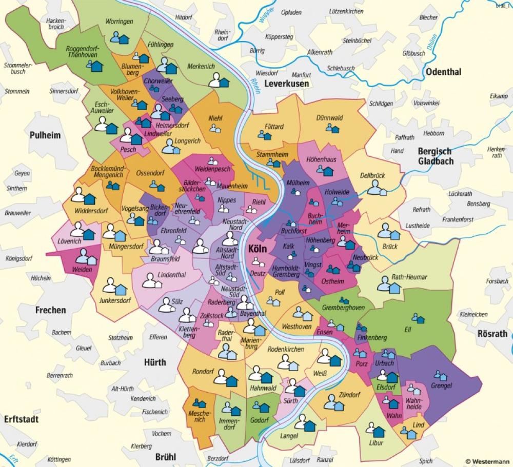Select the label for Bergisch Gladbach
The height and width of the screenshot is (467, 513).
(435, 156)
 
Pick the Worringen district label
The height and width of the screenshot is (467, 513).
(119, 22)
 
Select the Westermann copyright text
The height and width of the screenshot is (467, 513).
(487, 461)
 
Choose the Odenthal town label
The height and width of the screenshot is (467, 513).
(443, 72)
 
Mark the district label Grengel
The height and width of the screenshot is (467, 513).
(442, 385)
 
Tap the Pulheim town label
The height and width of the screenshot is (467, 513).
(45, 135)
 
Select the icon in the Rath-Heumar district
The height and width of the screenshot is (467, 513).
(389, 285)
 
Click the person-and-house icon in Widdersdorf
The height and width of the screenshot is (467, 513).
(83, 196)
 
